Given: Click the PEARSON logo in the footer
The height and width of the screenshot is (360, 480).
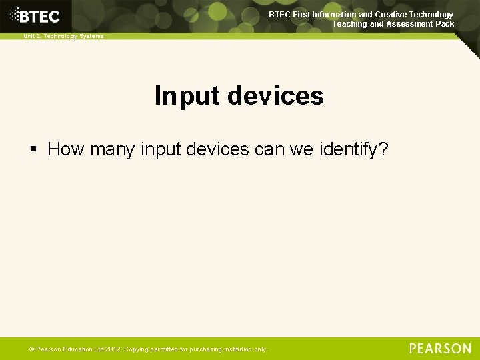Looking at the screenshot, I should click(x=440, y=348).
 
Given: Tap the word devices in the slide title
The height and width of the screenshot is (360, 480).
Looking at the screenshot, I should click(x=275, y=96).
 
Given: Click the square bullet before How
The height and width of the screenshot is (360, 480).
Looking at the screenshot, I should click(x=35, y=149).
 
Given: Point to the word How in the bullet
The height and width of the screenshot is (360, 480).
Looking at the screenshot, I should click(x=65, y=149).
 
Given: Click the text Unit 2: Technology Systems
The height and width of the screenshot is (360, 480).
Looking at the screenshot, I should click(x=64, y=36).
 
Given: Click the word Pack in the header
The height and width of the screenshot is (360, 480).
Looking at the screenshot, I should click(x=444, y=24).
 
